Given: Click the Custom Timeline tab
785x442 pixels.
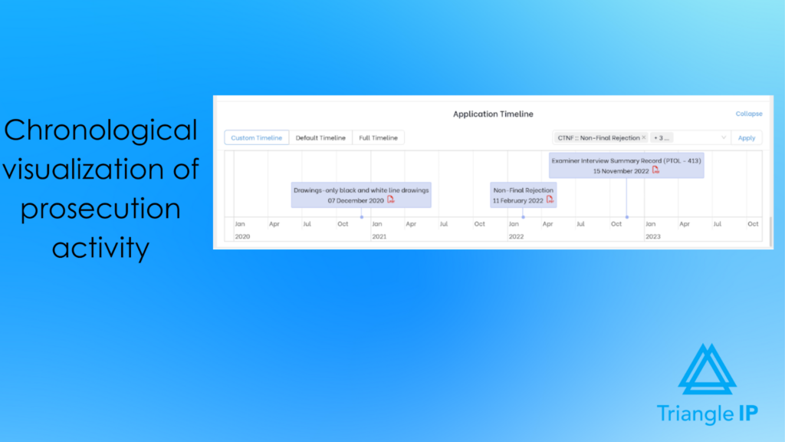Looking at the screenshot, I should coord(257,138).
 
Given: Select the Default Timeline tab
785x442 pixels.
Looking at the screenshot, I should coord(320,138).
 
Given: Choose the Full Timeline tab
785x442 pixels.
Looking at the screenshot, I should coord(378,138).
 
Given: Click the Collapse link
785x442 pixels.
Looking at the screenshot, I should coord(749,114).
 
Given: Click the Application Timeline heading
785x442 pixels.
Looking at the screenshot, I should coord(493,114).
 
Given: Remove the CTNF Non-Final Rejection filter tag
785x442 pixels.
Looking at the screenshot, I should coord(644,138).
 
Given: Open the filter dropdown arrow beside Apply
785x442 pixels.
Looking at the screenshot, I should coord(724,138).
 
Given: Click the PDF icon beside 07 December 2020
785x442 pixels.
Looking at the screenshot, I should coord(390,200).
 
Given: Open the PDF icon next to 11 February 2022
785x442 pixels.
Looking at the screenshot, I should coord(550,200).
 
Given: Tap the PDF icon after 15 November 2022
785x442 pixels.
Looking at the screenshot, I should coord(655,170).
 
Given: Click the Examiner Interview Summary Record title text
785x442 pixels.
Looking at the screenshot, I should coord(626,160).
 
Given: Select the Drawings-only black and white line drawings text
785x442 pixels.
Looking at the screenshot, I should coord(361,190).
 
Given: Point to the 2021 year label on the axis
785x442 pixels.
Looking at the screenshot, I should coord(379,236).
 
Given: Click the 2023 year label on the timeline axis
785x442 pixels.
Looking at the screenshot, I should coord(652,236).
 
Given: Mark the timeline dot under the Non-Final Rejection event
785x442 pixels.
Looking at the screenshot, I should coord(524,217).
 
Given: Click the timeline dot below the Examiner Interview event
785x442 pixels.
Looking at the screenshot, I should coord(626,217).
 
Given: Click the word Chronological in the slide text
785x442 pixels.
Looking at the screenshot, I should coord(100,130).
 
